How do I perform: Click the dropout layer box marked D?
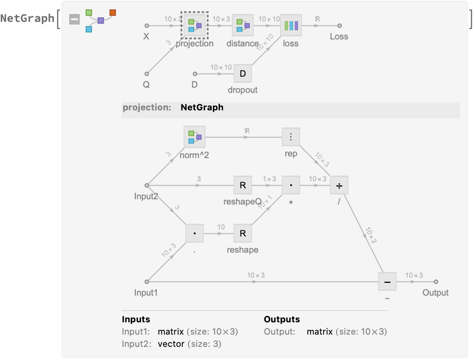[243, 74]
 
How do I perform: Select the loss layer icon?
[291, 25]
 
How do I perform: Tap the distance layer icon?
[243, 25]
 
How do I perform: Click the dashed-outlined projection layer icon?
[195, 25]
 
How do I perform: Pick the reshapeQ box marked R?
[243, 185]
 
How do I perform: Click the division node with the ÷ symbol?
[339, 185]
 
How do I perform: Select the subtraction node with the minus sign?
[387, 282]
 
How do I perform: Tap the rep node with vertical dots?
[291, 137]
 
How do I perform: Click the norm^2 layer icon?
[195, 137]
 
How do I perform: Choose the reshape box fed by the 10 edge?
[243, 233]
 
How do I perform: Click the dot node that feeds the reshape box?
[195, 233]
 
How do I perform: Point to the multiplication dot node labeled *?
[291, 185]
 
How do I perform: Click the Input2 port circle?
[147, 185]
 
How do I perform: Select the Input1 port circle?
[147, 282]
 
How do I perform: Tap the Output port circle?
[436, 282]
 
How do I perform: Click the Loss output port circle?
[339, 25]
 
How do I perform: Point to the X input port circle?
[147, 25]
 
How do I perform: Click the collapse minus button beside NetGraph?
[75, 19]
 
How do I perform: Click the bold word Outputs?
[282, 319]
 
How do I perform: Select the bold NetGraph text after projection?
[202, 107]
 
